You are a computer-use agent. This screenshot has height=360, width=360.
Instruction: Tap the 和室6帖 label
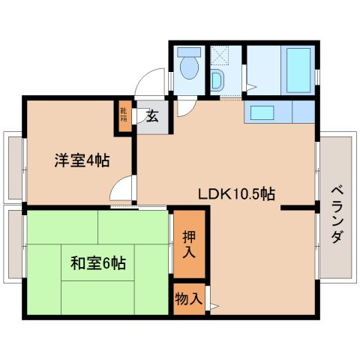(98, 263)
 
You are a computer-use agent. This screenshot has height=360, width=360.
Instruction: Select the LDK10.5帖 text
(236, 193)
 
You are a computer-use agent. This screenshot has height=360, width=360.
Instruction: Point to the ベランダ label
(337, 213)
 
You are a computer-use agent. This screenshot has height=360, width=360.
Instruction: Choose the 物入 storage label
(188, 298)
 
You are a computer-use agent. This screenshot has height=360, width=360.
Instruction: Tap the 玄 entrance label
(151, 116)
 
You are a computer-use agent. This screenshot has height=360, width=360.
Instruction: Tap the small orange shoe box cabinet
(124, 116)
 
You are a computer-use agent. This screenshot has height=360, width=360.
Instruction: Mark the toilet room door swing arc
(184, 106)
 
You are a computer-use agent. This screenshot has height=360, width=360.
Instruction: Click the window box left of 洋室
(13, 166)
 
